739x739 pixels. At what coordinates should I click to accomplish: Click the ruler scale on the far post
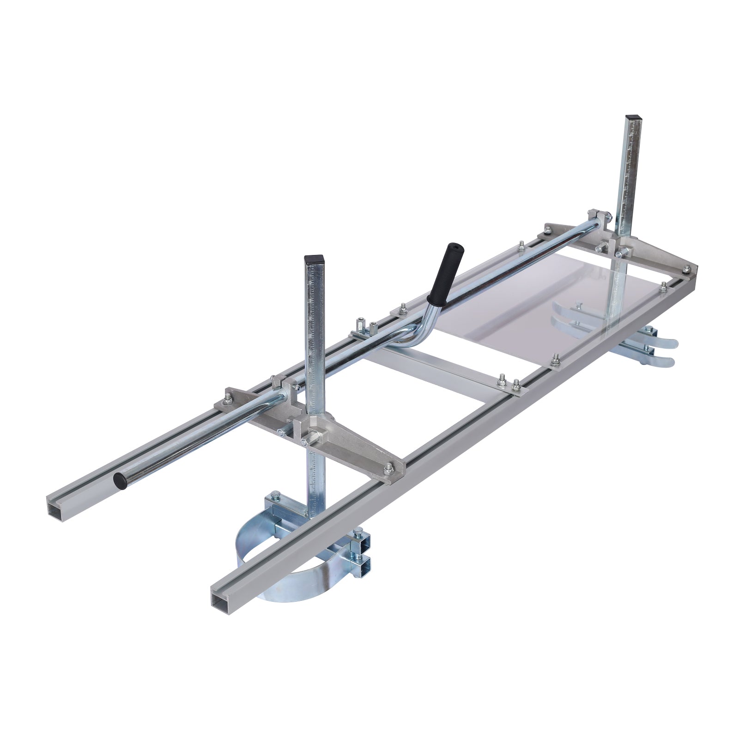click(627, 185)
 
